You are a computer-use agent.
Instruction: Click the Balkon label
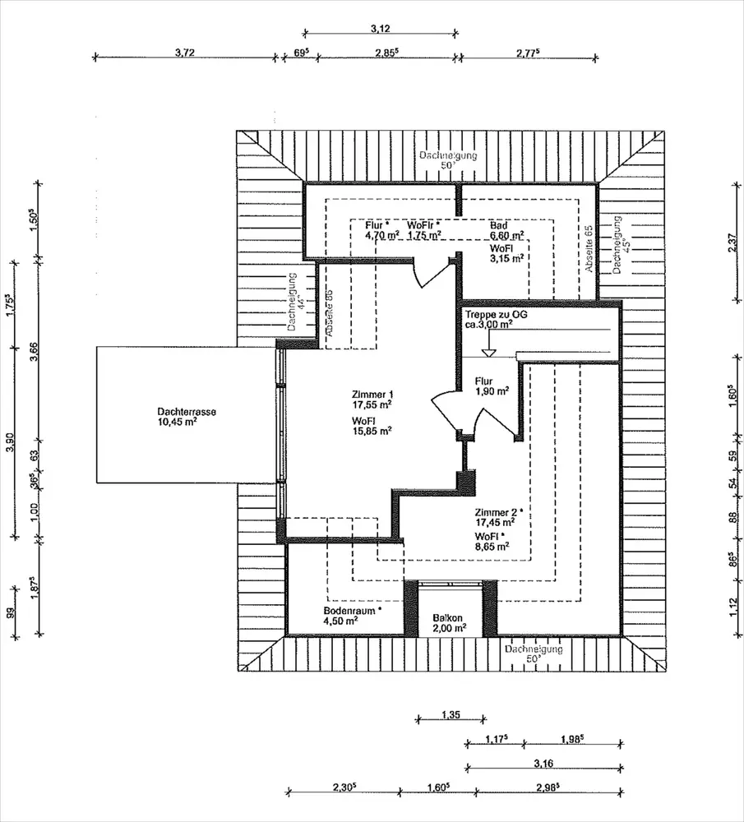pyautogui.click(x=448, y=618)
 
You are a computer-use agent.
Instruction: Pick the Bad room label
pyautogui.click(x=499, y=224)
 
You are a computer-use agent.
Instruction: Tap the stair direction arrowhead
pyautogui.click(x=489, y=353)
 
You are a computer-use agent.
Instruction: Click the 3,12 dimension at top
pyautogui.click(x=380, y=28)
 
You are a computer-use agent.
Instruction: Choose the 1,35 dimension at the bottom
pyautogui.click(x=450, y=714)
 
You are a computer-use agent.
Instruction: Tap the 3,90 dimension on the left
pyautogui.click(x=11, y=442)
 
